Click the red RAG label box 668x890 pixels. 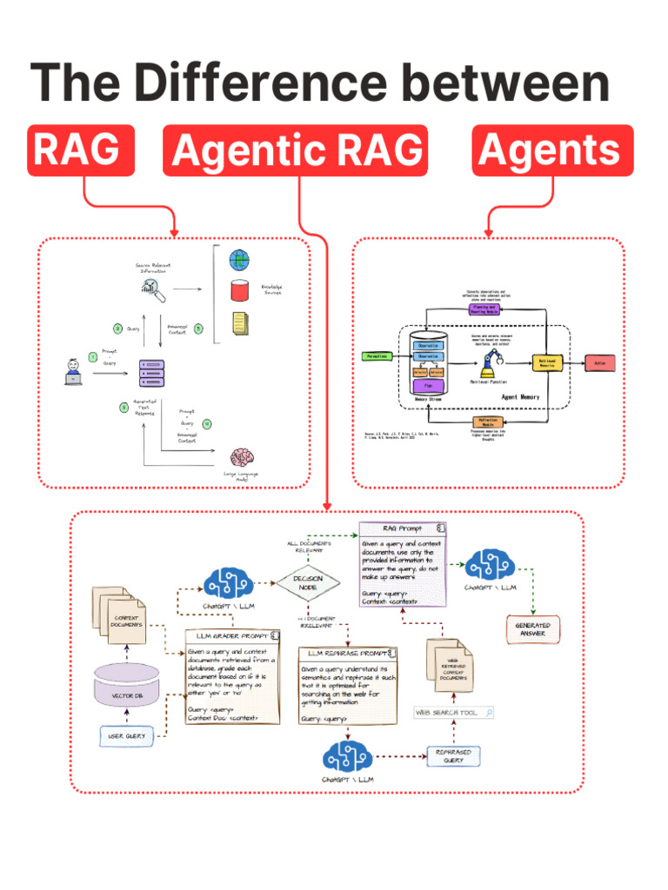tap(81, 150)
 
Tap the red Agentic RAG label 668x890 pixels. tap(296, 150)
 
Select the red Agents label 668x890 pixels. tap(552, 150)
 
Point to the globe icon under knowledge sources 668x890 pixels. tap(239, 260)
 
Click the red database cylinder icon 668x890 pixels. tap(239, 290)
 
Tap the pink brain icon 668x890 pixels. tap(242, 457)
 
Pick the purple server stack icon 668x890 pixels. tap(152, 374)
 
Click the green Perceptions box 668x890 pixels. tap(377, 356)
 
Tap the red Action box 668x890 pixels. tap(599, 362)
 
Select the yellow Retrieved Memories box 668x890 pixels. tap(548, 362)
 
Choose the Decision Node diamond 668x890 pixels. tap(307, 581)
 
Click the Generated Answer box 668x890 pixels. tap(532, 629)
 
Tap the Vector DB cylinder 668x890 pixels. tap(127, 686)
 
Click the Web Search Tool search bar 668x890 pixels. tap(454, 713)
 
